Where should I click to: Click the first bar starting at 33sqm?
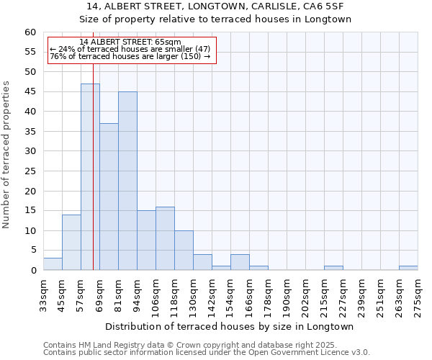53,264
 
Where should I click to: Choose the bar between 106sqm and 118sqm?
165,238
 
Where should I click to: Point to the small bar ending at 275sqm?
408,268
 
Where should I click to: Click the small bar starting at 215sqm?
333,268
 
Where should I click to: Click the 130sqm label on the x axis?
193,295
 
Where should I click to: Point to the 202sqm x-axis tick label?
305,295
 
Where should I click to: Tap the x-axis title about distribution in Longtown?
230,326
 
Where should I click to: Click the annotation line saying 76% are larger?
130,56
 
